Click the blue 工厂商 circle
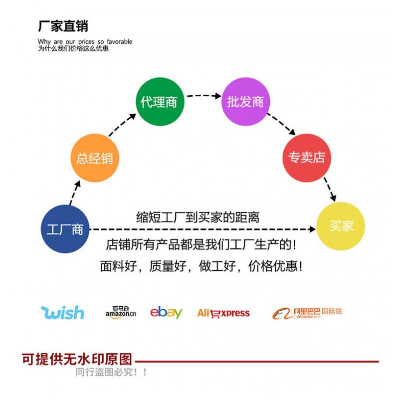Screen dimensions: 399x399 [x=65, y=229]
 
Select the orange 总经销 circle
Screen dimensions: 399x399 [x=95, y=158]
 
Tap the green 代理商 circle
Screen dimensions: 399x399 [x=160, y=102]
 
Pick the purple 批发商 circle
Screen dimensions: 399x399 [x=245, y=102]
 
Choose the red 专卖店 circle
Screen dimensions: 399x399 [x=307, y=158]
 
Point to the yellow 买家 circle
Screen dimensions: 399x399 [x=341, y=226]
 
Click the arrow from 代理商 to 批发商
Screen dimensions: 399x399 [x=204, y=95]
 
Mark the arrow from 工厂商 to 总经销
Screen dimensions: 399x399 [x=75, y=193]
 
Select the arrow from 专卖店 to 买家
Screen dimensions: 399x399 [x=330, y=190]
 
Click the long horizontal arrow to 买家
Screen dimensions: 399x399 [x=203, y=229]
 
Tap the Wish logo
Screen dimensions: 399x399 [x=63, y=313]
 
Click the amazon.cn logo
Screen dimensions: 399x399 [x=121, y=312]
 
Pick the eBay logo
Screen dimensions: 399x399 [x=166, y=313]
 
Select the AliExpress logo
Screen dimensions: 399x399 [x=223, y=313]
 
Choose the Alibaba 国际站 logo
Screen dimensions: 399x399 [x=307, y=313]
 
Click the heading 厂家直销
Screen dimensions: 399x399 [x=63, y=26]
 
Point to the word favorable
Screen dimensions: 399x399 [x=120, y=41]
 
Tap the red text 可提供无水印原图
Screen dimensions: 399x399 [x=77, y=359]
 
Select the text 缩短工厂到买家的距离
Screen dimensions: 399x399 [x=198, y=217]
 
